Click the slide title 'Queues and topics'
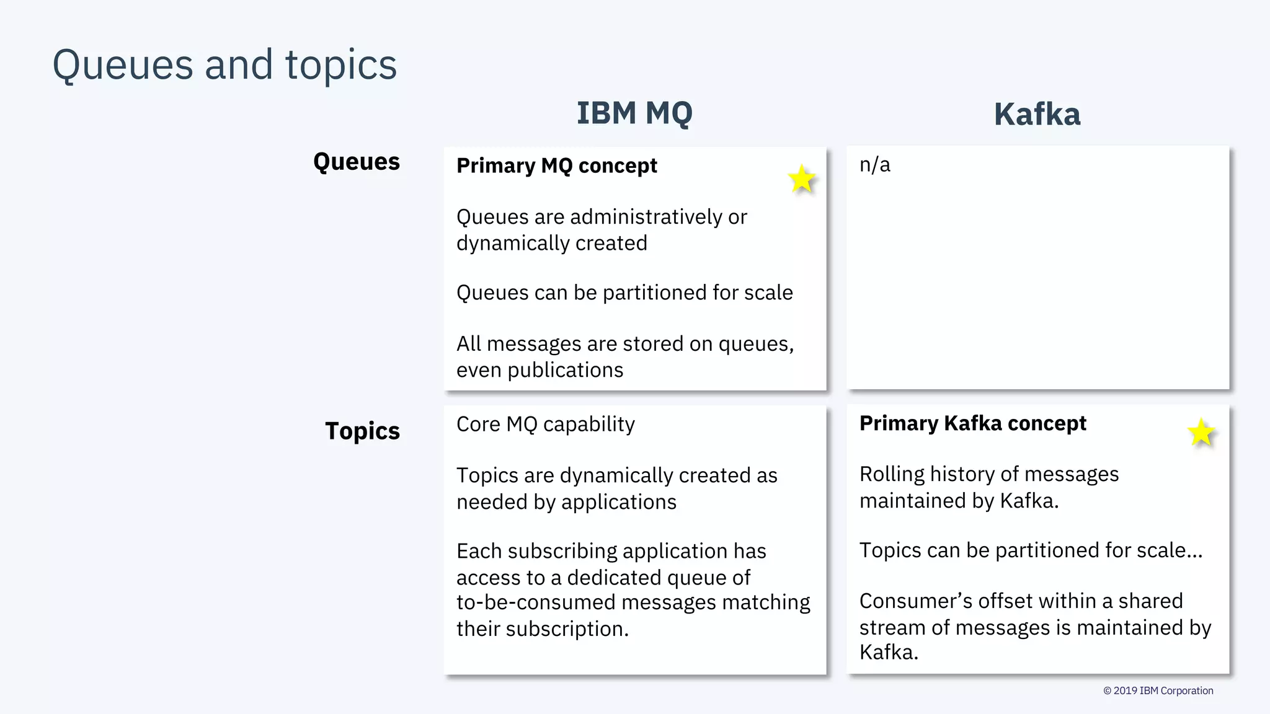224,65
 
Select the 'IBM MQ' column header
634,113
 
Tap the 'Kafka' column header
1037,115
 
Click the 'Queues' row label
357,162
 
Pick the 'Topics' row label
362,431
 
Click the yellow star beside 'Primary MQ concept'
802,180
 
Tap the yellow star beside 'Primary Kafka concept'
1201,433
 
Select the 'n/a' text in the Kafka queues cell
874,165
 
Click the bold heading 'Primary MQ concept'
556,166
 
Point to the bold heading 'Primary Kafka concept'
972,423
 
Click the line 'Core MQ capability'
546,425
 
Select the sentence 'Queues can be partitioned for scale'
624,293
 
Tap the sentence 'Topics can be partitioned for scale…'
1031,550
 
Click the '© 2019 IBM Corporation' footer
1158,690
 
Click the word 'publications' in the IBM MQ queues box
565,370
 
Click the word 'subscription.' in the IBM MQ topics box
567,629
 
